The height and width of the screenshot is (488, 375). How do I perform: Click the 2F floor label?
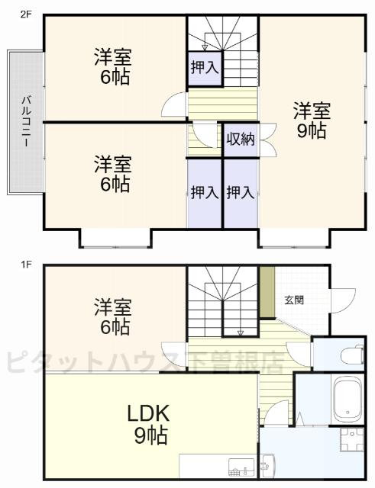24,14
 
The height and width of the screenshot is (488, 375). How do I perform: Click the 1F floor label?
24,265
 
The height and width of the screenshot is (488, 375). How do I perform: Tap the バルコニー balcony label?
25,121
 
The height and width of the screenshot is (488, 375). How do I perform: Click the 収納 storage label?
241,140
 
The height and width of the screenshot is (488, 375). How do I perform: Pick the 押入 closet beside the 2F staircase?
204,67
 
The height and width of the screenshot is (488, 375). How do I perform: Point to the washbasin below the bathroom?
267,462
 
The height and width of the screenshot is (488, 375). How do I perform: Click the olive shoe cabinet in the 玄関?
267,293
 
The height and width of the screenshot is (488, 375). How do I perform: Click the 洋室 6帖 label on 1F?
114,317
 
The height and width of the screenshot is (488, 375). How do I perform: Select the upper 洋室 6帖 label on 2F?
113,66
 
